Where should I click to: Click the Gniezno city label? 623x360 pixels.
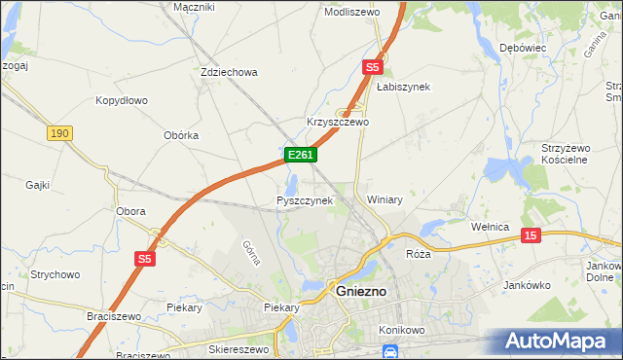tap(361, 291)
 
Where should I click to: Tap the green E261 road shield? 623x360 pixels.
tap(300, 155)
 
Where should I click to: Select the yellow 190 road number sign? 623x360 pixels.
tap(59, 132)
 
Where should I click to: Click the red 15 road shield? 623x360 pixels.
tap(531, 235)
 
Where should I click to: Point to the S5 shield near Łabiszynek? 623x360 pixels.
tap(373, 67)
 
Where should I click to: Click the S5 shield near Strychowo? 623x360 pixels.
tap(145, 259)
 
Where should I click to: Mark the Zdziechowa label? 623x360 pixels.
tap(228, 72)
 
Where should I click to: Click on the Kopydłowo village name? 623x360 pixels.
tap(121, 100)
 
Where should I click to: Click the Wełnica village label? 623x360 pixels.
tap(491, 227)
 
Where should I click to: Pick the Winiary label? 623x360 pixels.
tap(385, 199)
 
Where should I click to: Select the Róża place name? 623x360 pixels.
tap(418, 253)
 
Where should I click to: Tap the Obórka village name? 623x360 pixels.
tap(181, 135)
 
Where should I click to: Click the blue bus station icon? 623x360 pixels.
tap(389, 351)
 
